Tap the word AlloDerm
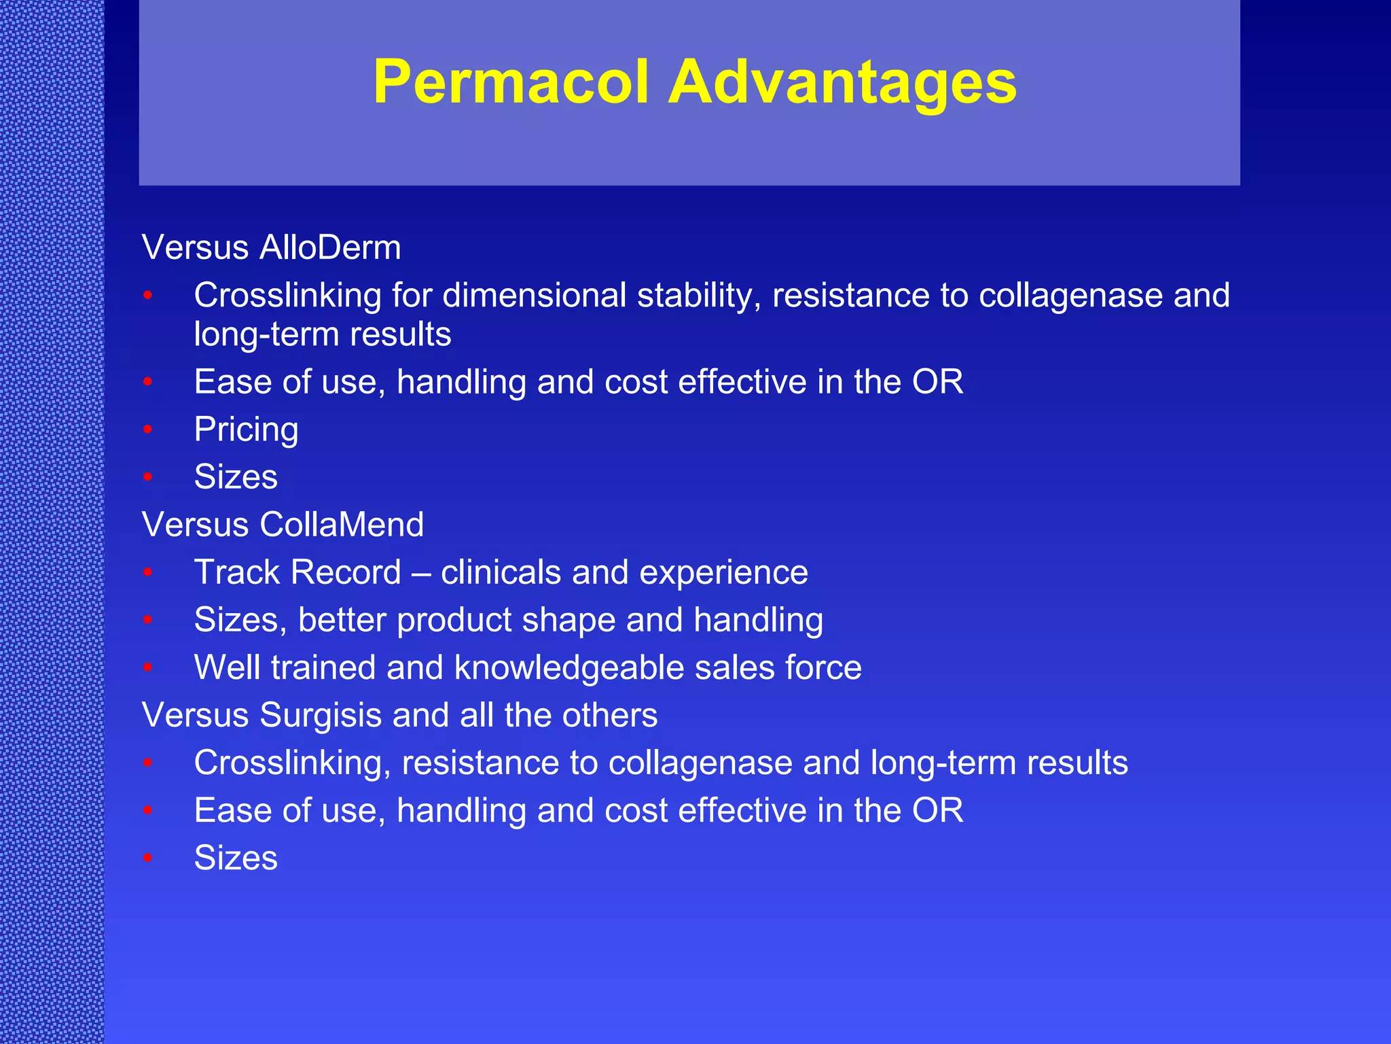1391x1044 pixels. tap(330, 247)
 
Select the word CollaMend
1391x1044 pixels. tap(342, 525)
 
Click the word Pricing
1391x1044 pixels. tap(246, 430)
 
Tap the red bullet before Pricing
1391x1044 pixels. tap(148, 430)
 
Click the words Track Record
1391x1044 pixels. tap(297, 572)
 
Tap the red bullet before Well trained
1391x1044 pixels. tap(148, 667)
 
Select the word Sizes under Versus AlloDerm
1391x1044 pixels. tap(236, 477)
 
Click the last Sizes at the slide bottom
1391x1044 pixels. tap(236, 858)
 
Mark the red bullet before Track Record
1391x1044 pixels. tap(148, 572)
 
